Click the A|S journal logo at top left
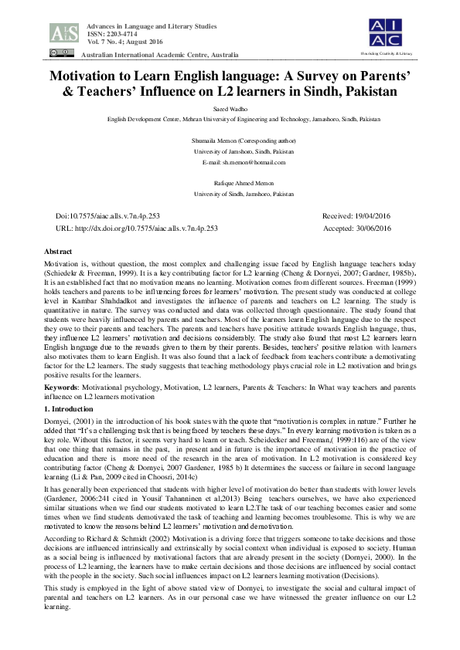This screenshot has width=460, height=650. point(63,32)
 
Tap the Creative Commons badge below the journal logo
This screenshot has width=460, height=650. point(58,52)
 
